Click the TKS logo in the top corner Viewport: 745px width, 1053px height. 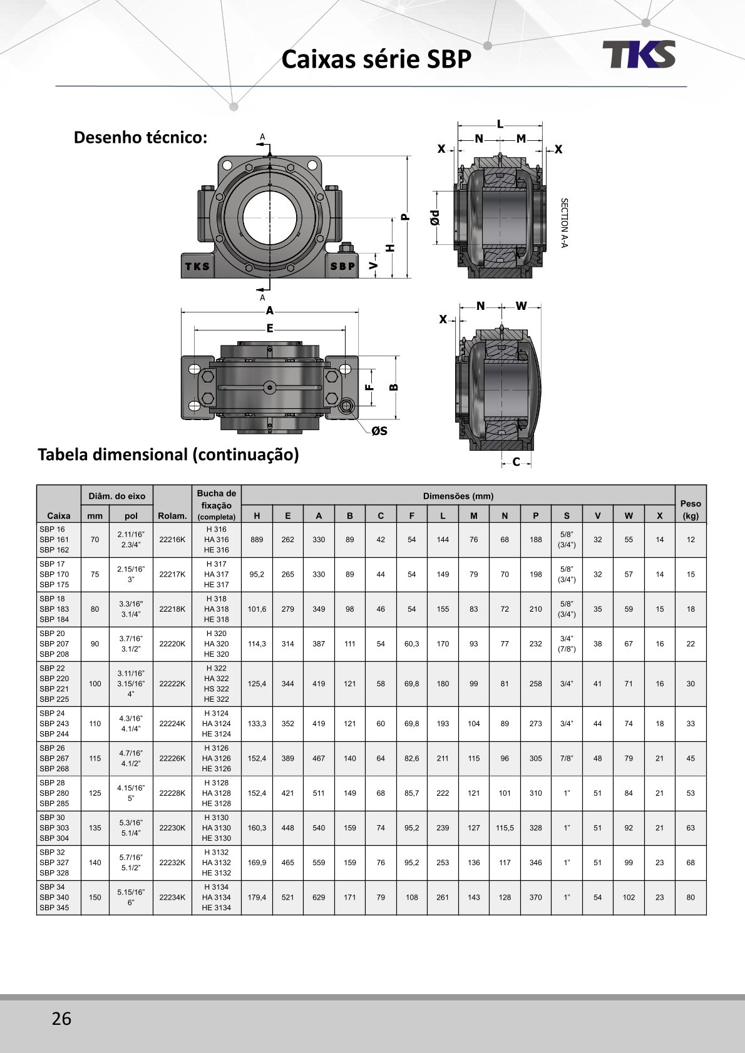(639, 54)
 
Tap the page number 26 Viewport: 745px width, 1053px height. (61, 1019)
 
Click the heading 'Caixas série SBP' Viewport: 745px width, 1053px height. (376, 59)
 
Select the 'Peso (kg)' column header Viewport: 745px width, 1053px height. (691, 510)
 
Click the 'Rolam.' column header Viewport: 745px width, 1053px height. (172, 516)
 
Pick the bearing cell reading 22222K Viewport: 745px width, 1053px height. (172, 684)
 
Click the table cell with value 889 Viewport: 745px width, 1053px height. (257, 540)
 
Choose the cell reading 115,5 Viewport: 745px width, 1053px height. (505, 828)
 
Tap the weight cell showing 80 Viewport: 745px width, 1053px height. (691, 897)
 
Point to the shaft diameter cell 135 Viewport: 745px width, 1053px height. (95, 828)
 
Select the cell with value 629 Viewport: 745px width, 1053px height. (319, 897)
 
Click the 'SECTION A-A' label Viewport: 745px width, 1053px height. (564, 223)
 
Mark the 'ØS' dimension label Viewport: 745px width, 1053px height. (379, 431)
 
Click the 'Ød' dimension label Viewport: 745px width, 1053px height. (435, 217)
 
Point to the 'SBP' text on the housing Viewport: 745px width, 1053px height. (342, 266)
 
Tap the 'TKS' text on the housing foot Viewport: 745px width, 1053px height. (197, 266)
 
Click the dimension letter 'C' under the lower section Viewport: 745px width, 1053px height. (516, 462)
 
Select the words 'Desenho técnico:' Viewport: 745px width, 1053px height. (140, 137)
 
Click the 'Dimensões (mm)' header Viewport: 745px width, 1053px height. (458, 496)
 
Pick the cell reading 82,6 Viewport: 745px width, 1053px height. (411, 758)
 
